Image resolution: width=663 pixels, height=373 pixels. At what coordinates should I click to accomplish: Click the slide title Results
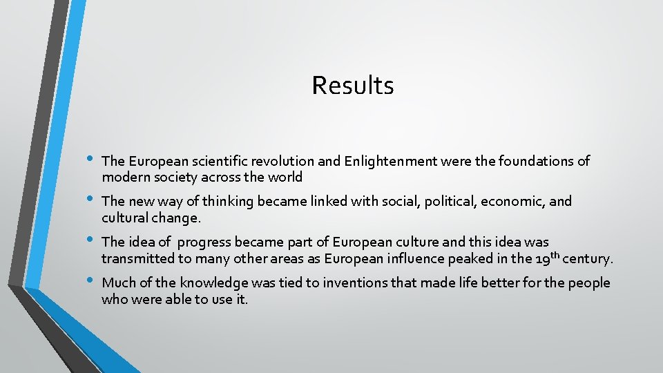click(352, 86)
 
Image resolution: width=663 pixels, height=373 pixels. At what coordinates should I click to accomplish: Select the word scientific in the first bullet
click(209, 162)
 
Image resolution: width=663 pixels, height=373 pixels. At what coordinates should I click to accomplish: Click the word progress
click(204, 242)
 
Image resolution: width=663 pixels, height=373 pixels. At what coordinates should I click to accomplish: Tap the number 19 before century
click(543, 260)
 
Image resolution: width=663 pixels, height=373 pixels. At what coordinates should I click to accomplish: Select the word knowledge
click(214, 283)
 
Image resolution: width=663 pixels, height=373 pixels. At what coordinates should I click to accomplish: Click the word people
click(590, 283)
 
